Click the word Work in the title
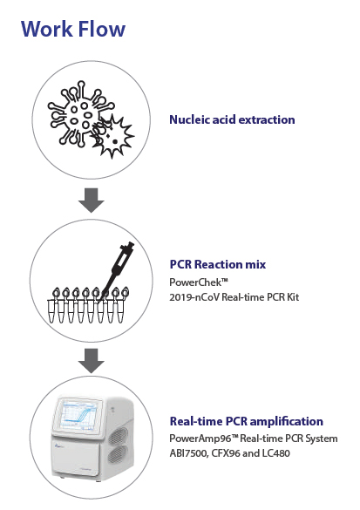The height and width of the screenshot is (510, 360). coord(47,29)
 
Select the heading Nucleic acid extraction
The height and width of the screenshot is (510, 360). coord(232,119)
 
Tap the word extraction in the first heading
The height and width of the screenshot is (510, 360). coord(267,119)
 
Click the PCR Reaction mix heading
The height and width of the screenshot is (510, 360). coord(218,264)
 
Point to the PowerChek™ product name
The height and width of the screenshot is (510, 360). coord(199,282)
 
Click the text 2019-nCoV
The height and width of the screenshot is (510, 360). coord(194,297)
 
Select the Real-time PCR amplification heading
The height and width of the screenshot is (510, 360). coord(247,421)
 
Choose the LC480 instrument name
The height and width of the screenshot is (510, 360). coord(277,453)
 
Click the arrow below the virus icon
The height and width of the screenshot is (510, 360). coord(91,201)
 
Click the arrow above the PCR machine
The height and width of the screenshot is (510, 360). coord(91,361)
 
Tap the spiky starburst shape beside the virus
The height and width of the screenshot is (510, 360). coord(112,137)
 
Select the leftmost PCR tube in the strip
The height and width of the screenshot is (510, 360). coord(51,306)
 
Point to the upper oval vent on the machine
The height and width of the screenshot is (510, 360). coord(118,436)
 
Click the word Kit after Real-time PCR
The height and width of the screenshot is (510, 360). coord(293,297)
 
